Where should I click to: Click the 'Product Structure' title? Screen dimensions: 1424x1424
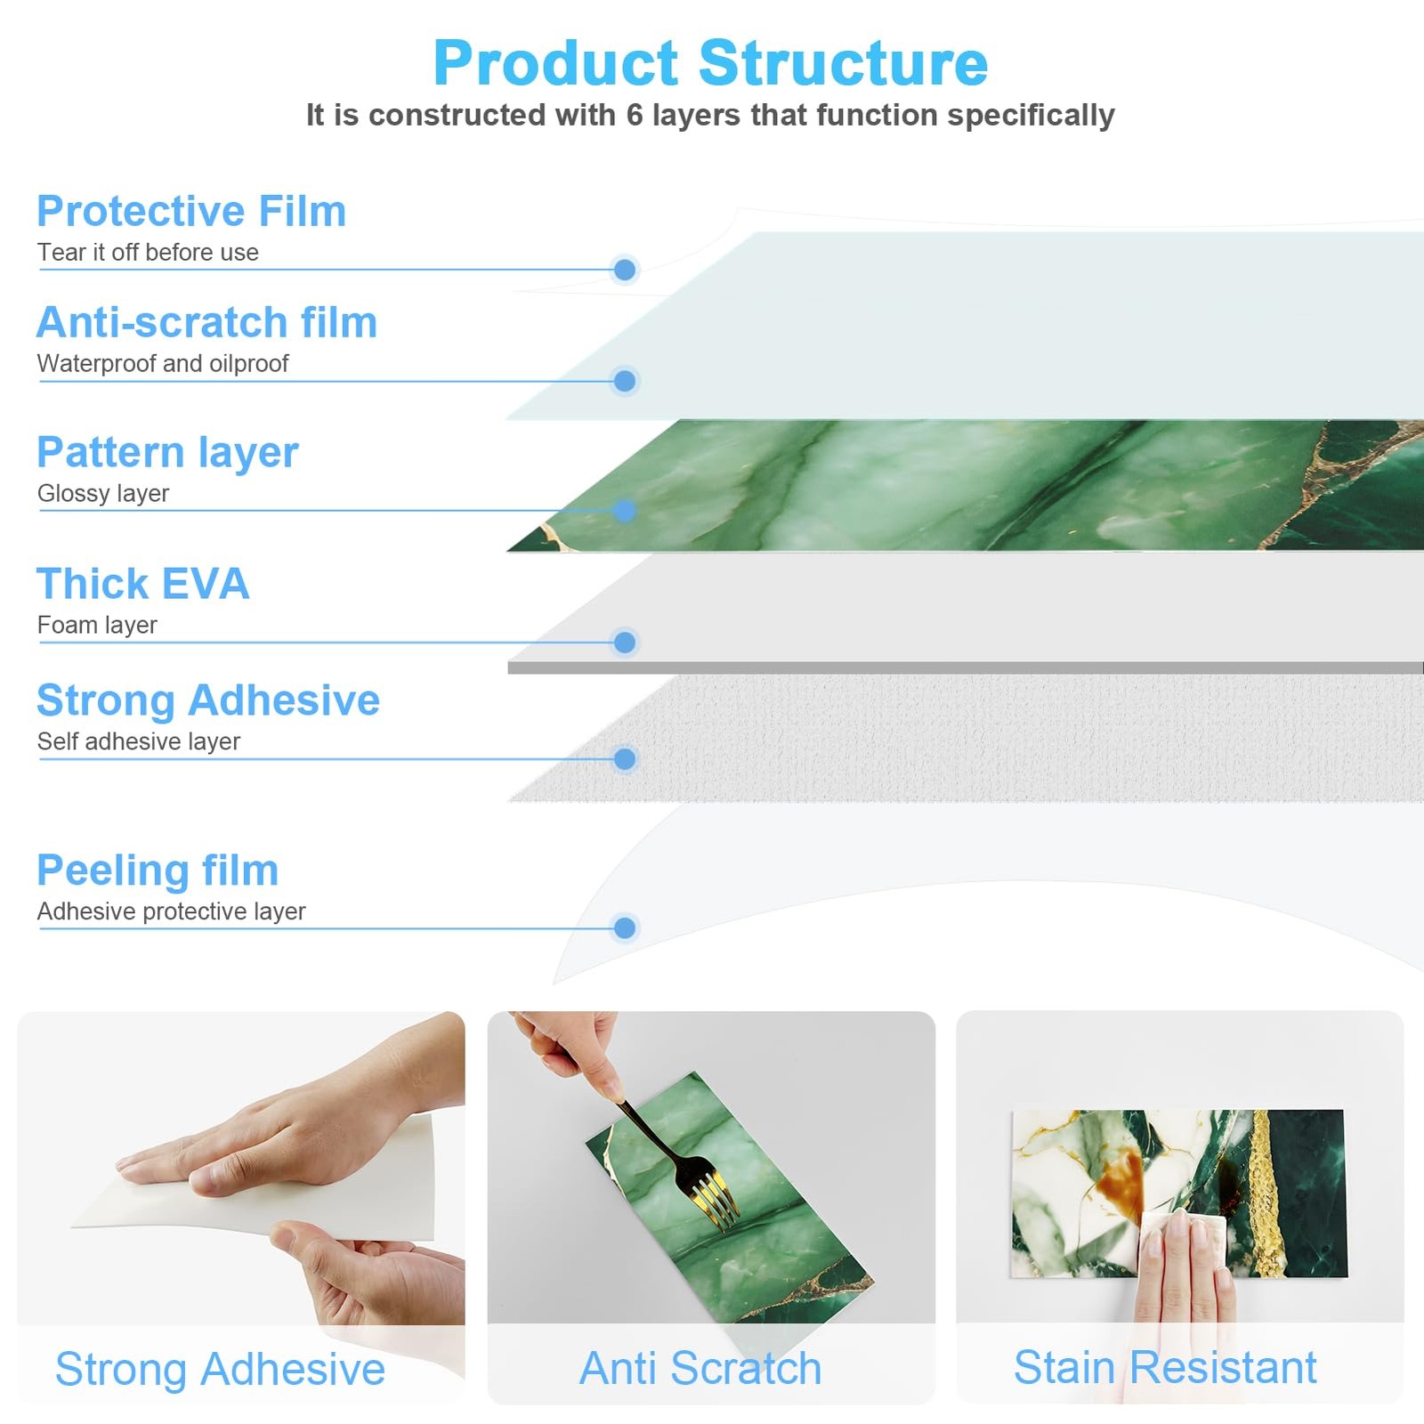coord(710,63)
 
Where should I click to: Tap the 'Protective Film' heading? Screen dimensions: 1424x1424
coord(191,211)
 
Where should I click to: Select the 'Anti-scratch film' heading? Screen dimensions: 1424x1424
coord(206,322)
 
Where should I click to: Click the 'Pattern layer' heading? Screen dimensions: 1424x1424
coord(167,453)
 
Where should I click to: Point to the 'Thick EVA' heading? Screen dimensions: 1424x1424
coord(142,584)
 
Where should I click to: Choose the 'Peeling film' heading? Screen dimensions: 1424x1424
coord(158,870)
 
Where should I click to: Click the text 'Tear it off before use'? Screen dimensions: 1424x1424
coord(148,253)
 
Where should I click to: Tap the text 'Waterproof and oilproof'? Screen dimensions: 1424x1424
coord(163,363)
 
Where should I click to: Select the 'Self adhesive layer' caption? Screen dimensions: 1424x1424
coord(139,741)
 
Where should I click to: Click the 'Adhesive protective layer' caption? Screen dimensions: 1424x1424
coord(171,911)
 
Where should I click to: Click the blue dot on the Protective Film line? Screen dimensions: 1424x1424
coord(625,270)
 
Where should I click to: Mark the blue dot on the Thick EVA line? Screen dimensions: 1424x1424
coord(625,642)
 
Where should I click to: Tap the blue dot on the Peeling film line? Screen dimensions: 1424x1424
coord(625,927)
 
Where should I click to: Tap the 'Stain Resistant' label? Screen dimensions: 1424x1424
coord(1165,1367)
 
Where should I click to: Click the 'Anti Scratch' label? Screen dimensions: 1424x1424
coord(700,1368)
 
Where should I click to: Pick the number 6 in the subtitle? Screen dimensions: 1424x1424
coord(634,115)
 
